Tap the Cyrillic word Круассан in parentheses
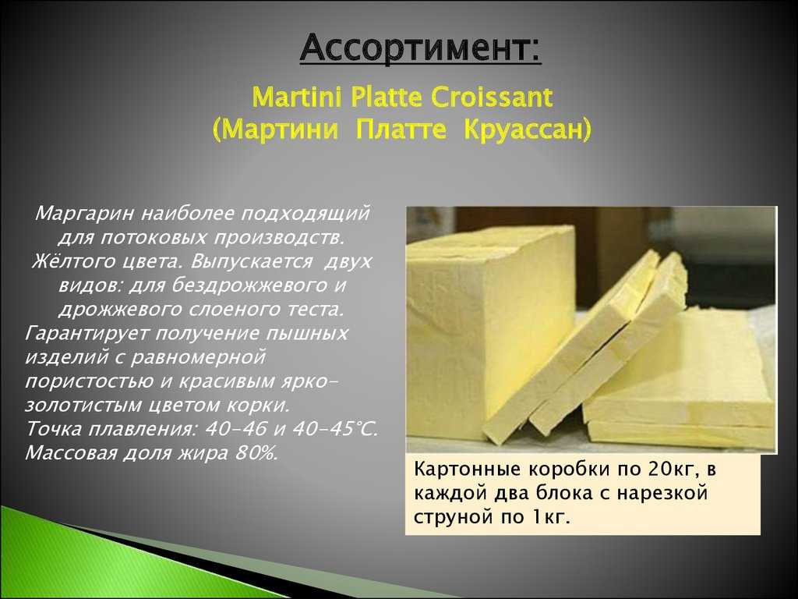click(528, 129)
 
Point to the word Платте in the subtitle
click(401, 129)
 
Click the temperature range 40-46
click(235, 429)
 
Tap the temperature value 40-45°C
click(335, 429)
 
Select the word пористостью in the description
click(89, 381)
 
